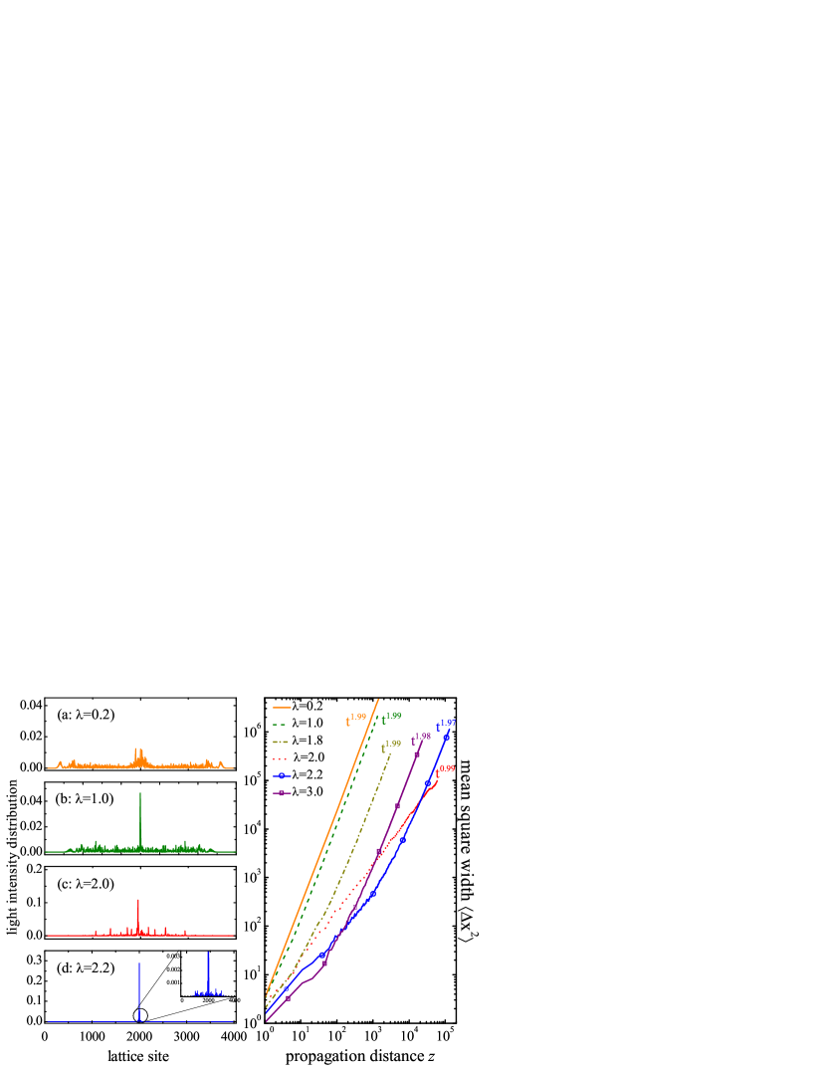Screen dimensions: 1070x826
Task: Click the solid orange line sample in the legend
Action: (x=282, y=708)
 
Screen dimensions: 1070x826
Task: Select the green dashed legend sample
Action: (x=280, y=725)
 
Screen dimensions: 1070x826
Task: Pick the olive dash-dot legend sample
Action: (x=281, y=742)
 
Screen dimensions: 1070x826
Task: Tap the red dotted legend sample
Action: (x=280, y=758)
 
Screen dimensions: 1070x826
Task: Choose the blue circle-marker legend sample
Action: (x=282, y=775)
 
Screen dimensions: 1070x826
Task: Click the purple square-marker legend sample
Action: (x=282, y=793)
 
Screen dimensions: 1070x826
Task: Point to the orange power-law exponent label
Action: (x=355, y=719)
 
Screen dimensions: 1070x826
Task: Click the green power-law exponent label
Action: (x=391, y=718)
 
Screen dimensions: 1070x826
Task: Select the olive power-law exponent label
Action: (x=390, y=746)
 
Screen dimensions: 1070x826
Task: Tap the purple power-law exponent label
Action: (x=421, y=739)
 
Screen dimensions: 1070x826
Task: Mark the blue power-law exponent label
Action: (x=446, y=725)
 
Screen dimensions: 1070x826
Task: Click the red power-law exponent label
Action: (x=445, y=769)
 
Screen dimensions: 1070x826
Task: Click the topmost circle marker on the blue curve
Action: (x=446, y=738)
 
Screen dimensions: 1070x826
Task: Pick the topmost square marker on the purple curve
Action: (x=416, y=754)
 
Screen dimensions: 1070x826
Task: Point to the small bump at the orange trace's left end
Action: (x=60, y=762)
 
